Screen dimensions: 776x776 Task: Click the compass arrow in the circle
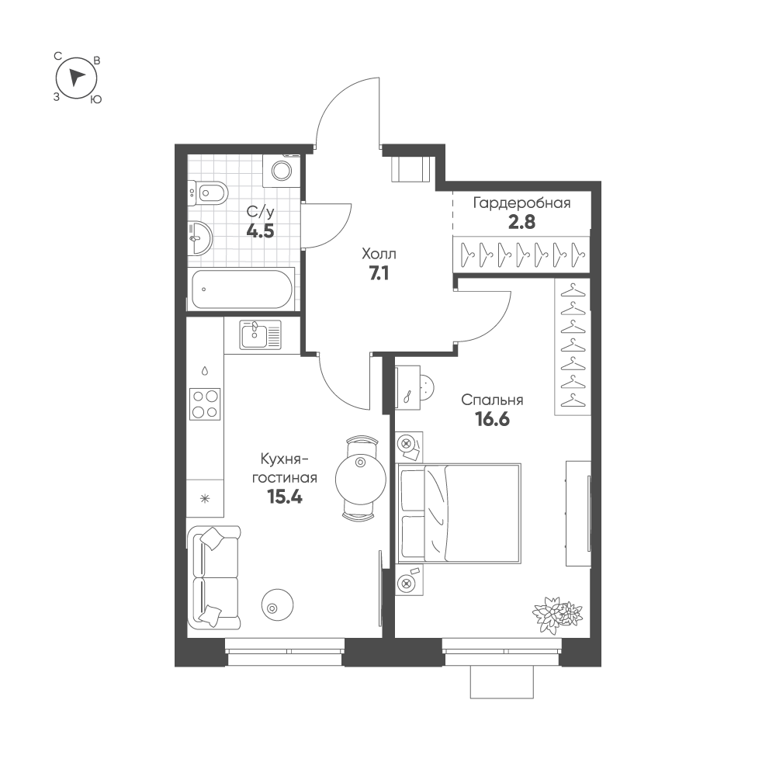pos(75,78)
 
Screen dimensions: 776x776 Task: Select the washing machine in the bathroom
pos(281,171)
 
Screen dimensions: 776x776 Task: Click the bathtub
pos(241,289)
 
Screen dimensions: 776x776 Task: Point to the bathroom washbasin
pos(199,237)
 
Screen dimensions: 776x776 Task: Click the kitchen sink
pos(260,334)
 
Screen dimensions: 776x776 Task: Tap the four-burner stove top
pos(205,404)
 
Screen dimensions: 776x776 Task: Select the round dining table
pos(360,479)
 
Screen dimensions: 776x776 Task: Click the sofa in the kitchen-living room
pos(214,577)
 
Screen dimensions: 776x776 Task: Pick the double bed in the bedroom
pos(459,513)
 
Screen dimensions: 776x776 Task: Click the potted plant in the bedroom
pos(557,612)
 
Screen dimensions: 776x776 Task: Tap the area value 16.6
pos(493,420)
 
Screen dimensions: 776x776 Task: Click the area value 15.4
pos(285,497)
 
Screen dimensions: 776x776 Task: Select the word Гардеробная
pos(521,203)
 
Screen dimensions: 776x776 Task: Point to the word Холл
pos(379,255)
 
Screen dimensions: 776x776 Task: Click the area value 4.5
pos(260,231)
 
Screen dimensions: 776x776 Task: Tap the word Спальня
pos(492,400)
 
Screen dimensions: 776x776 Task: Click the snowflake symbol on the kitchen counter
pos(204,498)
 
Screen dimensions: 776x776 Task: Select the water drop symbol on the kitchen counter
pos(204,370)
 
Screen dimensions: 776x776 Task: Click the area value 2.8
pos(521,222)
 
